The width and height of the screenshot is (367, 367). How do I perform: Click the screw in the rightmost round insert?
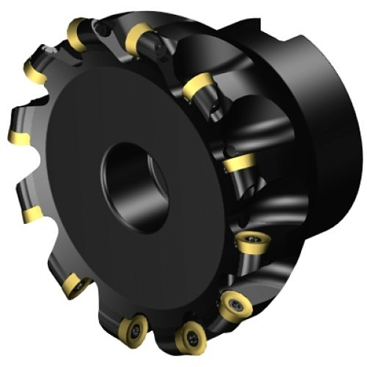[250, 245]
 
